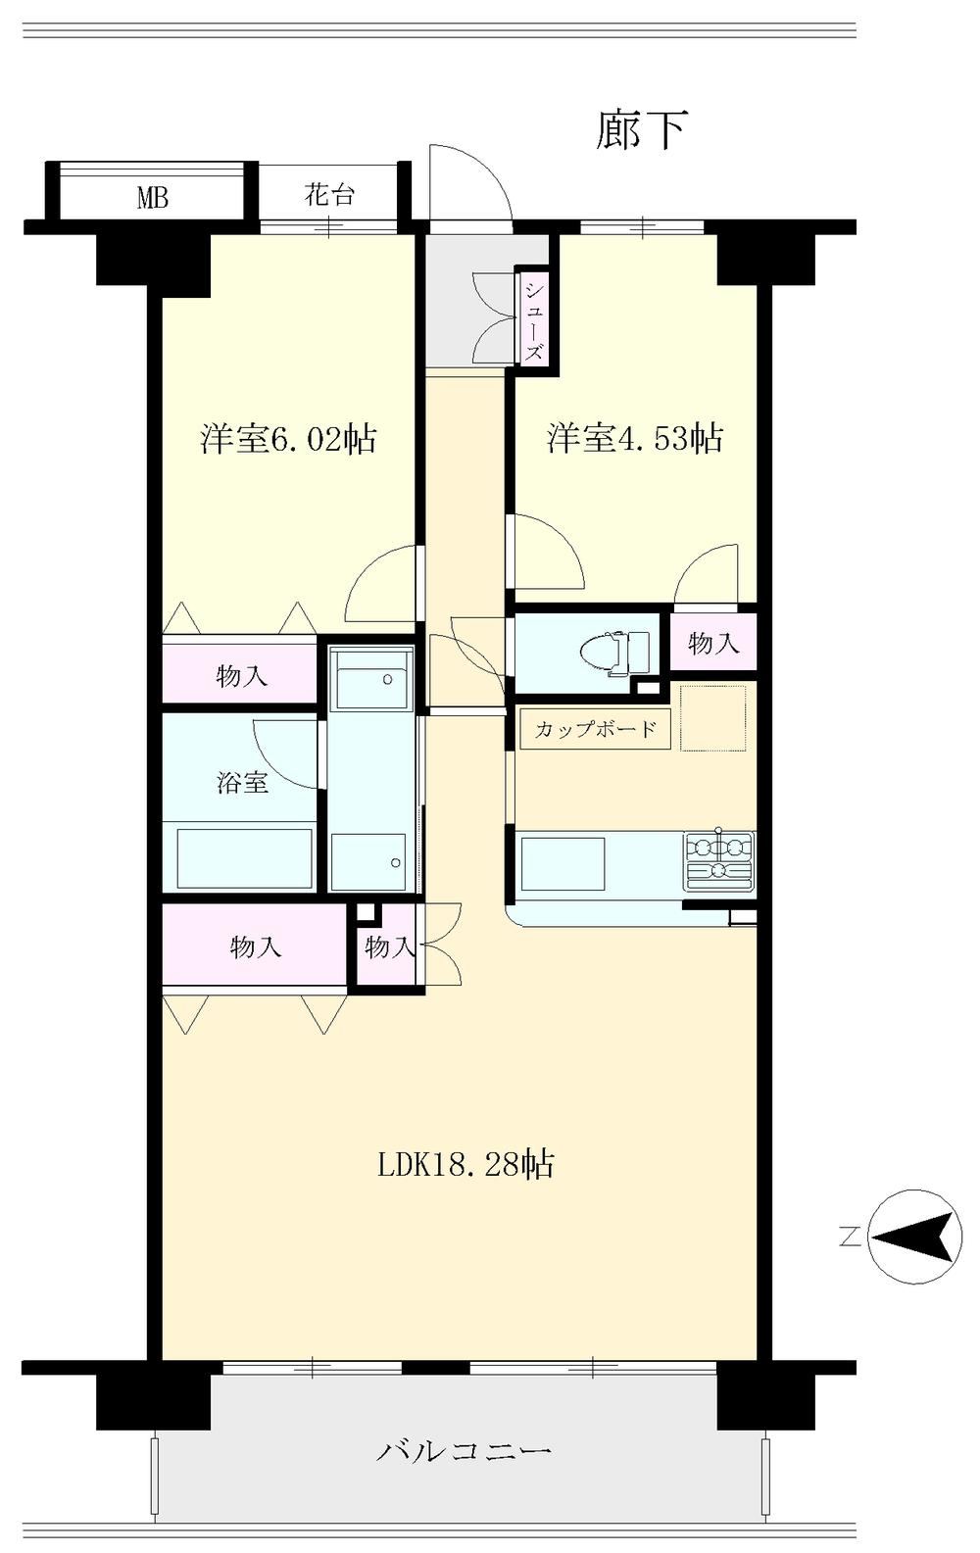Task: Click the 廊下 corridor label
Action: point(641,129)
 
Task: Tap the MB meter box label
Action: point(153,199)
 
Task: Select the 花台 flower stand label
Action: point(329,195)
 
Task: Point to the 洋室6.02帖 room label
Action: point(288,439)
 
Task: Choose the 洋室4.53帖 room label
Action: point(635,437)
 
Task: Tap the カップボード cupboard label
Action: point(595,729)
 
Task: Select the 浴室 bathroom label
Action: point(242,783)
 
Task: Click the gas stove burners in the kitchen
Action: point(719,861)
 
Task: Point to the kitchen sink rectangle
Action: point(563,863)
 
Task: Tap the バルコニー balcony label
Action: point(464,1447)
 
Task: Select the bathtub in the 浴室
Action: point(246,858)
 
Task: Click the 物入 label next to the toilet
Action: point(713,644)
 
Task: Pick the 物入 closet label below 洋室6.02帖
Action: point(241,675)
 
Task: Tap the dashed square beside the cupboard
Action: point(713,717)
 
